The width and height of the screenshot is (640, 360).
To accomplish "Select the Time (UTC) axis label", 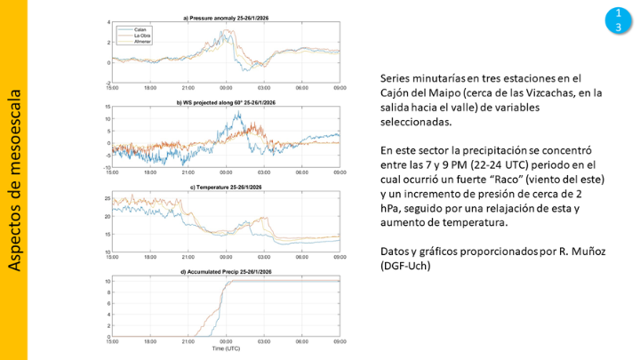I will tap(226, 349).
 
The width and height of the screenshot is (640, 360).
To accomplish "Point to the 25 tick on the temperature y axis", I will tap(105, 197).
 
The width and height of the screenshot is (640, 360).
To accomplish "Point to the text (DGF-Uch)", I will tap(405, 266).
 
